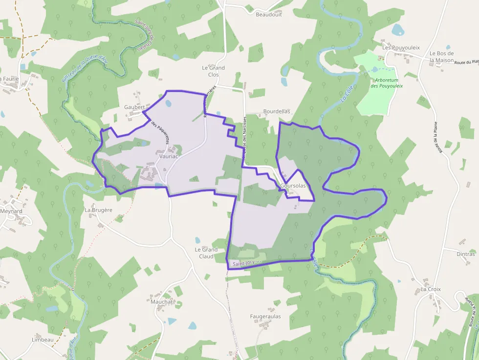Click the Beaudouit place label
click(268, 14)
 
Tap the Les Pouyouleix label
click(401, 47)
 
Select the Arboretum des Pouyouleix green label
click(386, 83)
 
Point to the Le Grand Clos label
click(214, 71)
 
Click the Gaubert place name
click(134, 107)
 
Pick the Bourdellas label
click(277, 111)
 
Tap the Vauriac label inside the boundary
click(169, 156)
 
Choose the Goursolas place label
click(293, 186)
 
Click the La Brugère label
click(99, 210)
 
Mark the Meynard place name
click(11, 212)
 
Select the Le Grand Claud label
click(206, 253)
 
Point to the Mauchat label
click(162, 302)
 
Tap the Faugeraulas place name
click(265, 317)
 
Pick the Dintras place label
click(465, 254)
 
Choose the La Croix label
click(431, 289)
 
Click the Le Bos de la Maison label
click(442, 57)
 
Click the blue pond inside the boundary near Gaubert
click(169, 104)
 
